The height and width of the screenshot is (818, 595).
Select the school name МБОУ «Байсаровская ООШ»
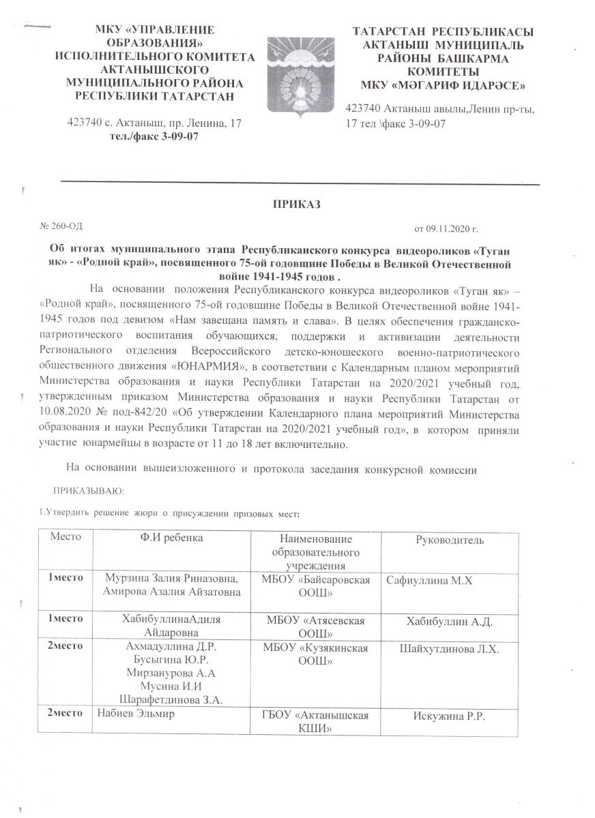tap(316, 587)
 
